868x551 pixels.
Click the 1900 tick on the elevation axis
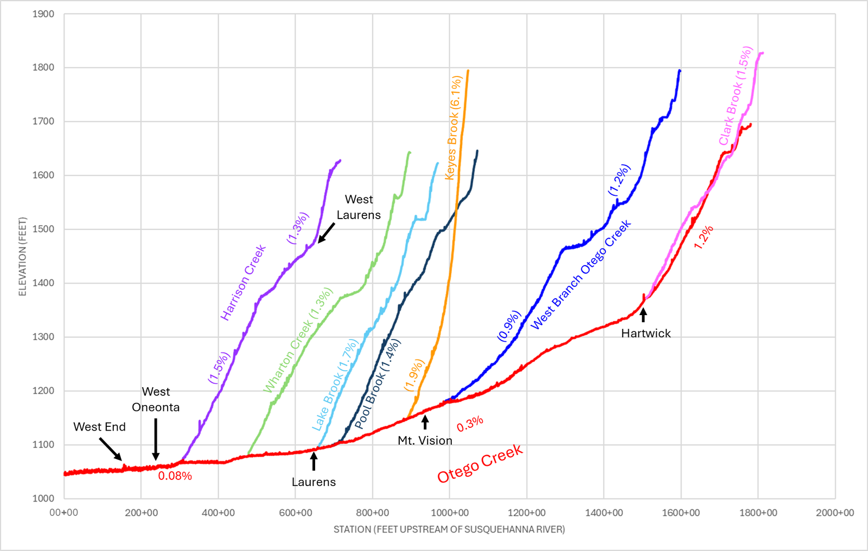[43, 14]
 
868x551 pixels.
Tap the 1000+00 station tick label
[450, 513]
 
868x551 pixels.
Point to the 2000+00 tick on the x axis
[835, 513]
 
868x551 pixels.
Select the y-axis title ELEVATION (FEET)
[22, 257]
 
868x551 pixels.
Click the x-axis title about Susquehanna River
[449, 529]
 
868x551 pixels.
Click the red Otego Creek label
[480, 464]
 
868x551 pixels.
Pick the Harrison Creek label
[244, 283]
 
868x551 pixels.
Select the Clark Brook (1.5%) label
[736, 95]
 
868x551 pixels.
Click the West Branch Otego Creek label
[580, 275]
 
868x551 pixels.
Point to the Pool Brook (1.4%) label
[378, 384]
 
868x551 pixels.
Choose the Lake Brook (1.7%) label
[335, 385]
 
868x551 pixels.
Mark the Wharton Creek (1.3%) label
[298, 340]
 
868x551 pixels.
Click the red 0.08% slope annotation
[175, 476]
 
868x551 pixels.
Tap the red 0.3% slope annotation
[470, 424]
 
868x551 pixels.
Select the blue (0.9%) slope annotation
[509, 326]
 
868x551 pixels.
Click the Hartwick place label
[646, 334]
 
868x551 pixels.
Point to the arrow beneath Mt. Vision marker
[425, 422]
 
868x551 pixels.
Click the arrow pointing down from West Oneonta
[155, 439]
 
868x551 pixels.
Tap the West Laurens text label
[359, 207]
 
